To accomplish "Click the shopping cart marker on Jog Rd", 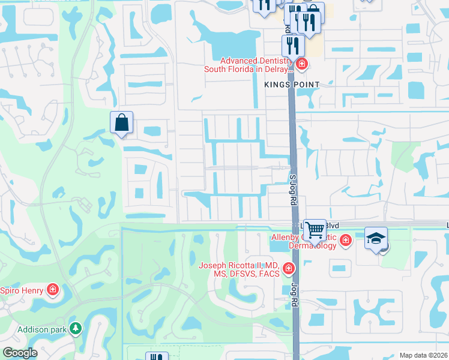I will pos(315,230).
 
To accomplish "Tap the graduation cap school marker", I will pos(376,238).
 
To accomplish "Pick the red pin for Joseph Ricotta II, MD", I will pos(289,268).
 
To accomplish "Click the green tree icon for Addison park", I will pos(75,328).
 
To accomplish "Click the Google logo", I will pos(20,353).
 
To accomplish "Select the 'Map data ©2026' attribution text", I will pos(423,355).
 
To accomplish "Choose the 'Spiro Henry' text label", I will pos(22,291).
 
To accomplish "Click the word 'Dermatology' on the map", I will pos(312,246).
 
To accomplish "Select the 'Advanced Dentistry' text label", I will pos(256,61).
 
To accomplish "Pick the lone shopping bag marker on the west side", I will pos(121,122).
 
